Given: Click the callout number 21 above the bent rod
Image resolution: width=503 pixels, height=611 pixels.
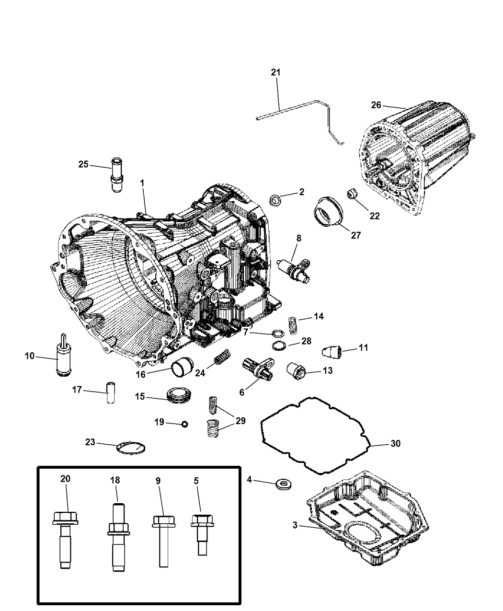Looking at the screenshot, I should [x=275, y=72].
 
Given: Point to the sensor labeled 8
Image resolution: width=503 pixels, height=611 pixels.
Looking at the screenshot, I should [x=294, y=267].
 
